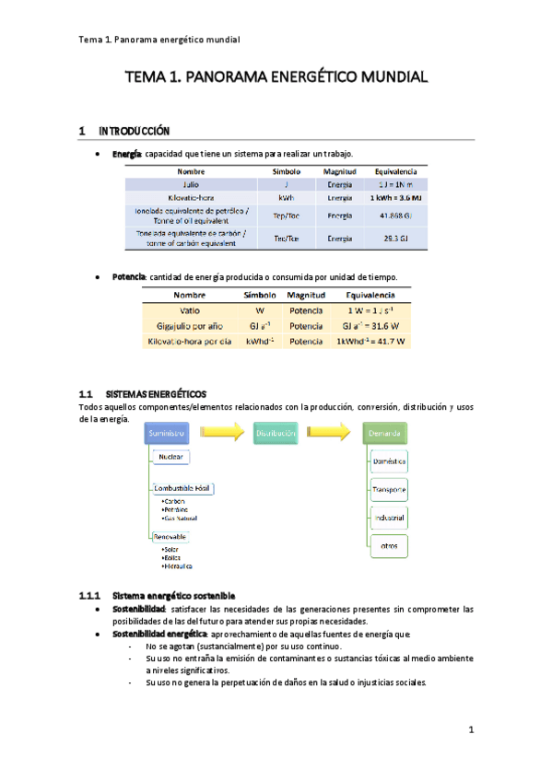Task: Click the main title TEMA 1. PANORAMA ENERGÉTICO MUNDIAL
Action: (276, 79)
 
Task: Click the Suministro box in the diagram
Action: (167, 433)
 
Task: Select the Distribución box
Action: (276, 433)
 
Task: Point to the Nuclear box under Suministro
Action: (171, 457)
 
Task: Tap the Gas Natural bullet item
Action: (183, 519)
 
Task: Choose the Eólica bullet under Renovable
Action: (171, 557)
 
